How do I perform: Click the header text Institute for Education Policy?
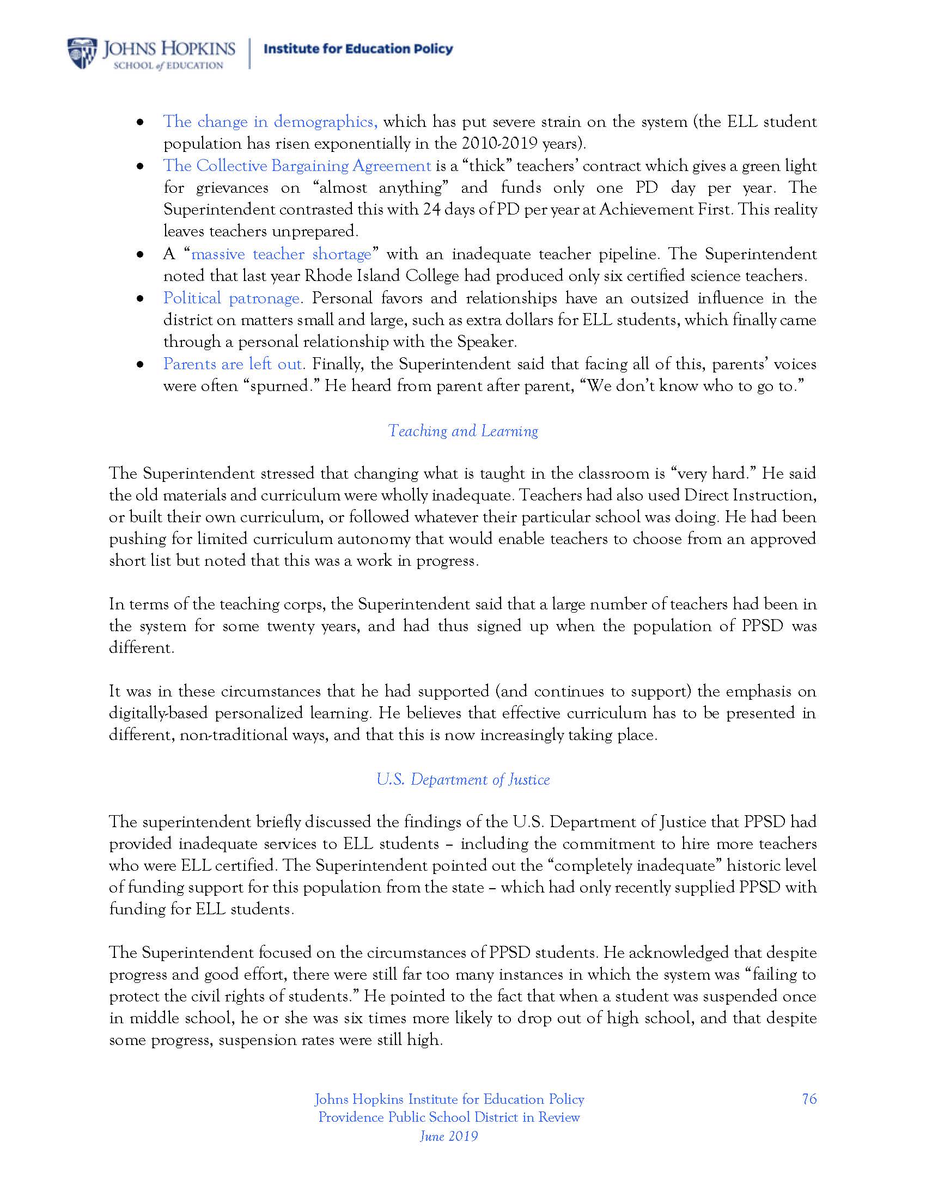(x=358, y=50)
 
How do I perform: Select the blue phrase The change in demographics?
(x=270, y=121)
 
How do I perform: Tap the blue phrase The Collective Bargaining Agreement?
(x=297, y=166)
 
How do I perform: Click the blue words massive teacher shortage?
(x=282, y=254)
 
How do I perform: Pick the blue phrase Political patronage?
(x=231, y=298)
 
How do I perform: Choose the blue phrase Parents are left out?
(x=233, y=364)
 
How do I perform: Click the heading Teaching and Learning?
(x=463, y=431)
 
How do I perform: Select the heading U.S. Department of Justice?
(x=463, y=779)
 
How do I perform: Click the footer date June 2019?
(x=449, y=1136)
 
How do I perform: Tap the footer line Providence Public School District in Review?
(x=449, y=1117)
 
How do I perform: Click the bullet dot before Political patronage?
(x=141, y=299)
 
